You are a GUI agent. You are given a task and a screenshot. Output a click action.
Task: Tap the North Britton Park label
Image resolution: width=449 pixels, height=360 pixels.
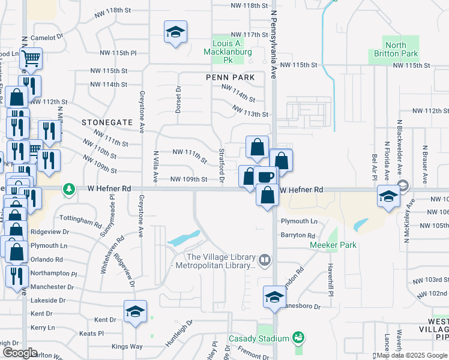[x=396, y=49]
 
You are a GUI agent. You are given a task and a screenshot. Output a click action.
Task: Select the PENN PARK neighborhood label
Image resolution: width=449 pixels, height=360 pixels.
[x=230, y=77]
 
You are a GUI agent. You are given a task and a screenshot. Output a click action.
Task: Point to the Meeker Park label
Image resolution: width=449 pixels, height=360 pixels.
[x=333, y=245]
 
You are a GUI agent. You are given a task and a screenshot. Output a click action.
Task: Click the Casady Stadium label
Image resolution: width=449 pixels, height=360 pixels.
[x=259, y=339]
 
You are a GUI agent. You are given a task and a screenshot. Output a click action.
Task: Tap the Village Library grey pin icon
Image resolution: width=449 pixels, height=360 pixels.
[x=265, y=260]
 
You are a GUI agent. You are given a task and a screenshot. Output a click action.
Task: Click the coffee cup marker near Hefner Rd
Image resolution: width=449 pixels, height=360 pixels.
[x=265, y=176]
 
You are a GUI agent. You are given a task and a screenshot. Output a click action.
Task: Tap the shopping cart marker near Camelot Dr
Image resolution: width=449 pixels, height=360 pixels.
[x=30, y=59]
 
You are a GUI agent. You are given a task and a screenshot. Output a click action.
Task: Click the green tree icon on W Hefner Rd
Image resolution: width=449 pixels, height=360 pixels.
[x=70, y=189]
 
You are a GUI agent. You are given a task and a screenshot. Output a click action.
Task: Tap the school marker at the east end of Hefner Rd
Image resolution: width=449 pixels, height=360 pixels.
[x=388, y=196]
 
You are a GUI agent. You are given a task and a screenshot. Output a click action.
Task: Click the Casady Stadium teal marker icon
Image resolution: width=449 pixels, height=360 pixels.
[x=297, y=339]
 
